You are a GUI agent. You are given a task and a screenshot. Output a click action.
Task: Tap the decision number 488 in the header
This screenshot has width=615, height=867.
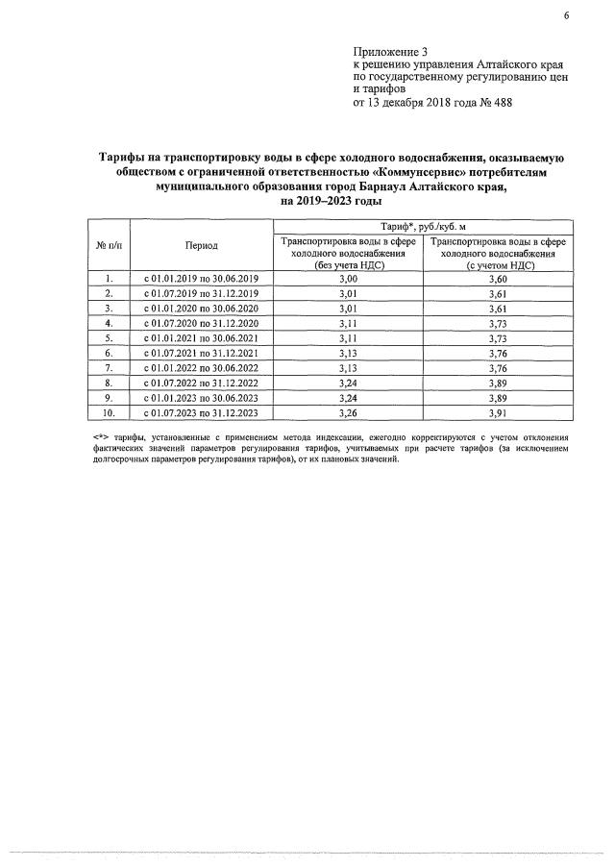pos(502,103)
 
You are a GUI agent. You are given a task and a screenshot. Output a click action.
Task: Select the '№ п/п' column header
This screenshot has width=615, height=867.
pos(109,246)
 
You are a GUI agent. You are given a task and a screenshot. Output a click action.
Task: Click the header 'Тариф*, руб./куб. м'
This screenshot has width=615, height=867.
pos(423,225)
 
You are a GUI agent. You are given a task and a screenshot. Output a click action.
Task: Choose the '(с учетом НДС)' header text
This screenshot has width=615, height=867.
pos(499,264)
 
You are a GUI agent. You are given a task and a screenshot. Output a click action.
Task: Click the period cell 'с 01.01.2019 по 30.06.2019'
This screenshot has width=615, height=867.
pos(202,279)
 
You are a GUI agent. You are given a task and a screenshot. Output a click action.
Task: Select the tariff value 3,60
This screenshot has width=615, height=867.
pos(499,279)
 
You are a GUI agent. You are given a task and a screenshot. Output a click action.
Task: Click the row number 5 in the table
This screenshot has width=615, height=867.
pos(109,338)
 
